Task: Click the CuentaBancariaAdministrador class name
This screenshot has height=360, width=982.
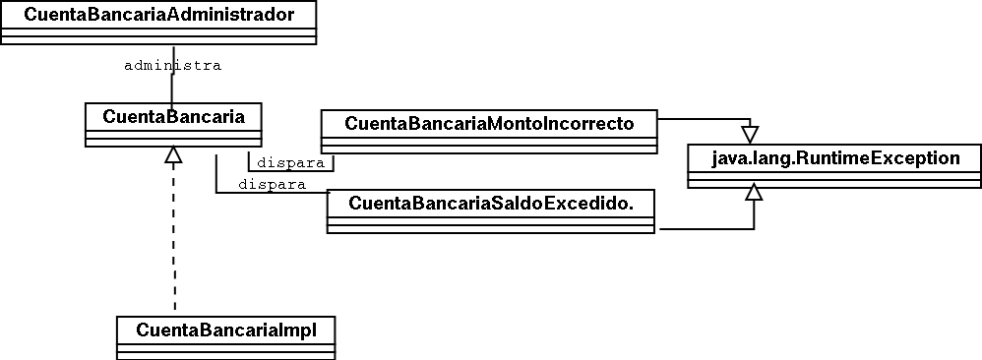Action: [159, 15]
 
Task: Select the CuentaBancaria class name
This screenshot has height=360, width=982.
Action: [173, 116]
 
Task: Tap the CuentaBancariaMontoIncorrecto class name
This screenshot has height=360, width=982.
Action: [489, 123]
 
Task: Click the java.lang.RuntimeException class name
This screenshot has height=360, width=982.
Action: [835, 157]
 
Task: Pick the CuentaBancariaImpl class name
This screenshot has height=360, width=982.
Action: [226, 330]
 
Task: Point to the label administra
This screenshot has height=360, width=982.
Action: [173, 66]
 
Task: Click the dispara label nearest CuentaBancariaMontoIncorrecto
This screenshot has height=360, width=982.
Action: [291, 163]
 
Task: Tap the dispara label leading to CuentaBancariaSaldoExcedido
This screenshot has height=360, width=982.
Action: [272, 185]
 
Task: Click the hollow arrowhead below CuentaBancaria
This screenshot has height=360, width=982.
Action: [173, 154]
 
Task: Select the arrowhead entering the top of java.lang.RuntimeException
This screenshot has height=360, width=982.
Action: [750, 135]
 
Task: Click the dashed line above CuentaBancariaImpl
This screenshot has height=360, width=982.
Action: [174, 237]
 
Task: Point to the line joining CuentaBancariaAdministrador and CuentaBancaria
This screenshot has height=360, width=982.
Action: [172, 74]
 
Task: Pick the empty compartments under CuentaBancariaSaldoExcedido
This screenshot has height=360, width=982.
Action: [491, 224]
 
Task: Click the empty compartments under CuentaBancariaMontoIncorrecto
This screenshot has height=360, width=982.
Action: [489, 145]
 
